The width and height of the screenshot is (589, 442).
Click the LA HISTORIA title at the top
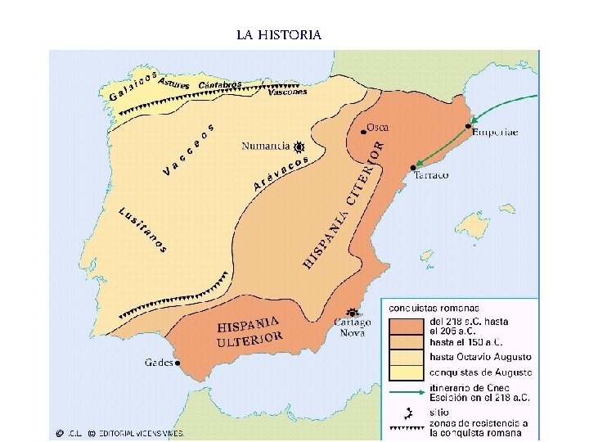[x=279, y=34]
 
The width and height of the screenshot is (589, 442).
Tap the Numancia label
[x=266, y=146]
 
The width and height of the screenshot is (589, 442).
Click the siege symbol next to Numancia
[x=299, y=147]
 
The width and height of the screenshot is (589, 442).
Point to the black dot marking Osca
[x=363, y=131]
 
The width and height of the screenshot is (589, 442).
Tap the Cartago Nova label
[x=352, y=327]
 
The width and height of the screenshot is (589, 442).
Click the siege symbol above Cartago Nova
[x=353, y=312]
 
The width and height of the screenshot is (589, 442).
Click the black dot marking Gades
[x=178, y=363]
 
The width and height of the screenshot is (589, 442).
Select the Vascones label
[x=287, y=92]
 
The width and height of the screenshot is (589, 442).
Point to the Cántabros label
[x=220, y=86]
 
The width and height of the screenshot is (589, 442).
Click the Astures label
[x=173, y=83]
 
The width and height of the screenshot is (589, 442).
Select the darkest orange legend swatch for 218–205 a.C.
[x=407, y=326]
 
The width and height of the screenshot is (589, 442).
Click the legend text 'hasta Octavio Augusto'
[x=480, y=357]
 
